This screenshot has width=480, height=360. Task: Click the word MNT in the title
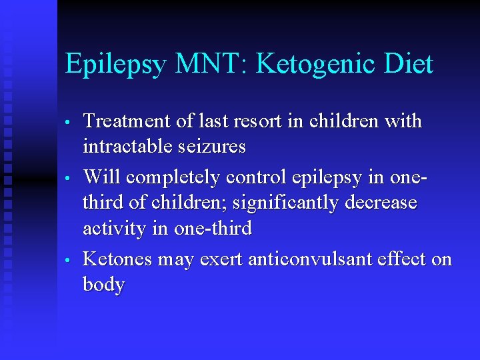click(211, 65)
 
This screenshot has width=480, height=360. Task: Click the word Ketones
click(119, 259)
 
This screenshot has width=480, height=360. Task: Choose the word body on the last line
click(103, 285)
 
